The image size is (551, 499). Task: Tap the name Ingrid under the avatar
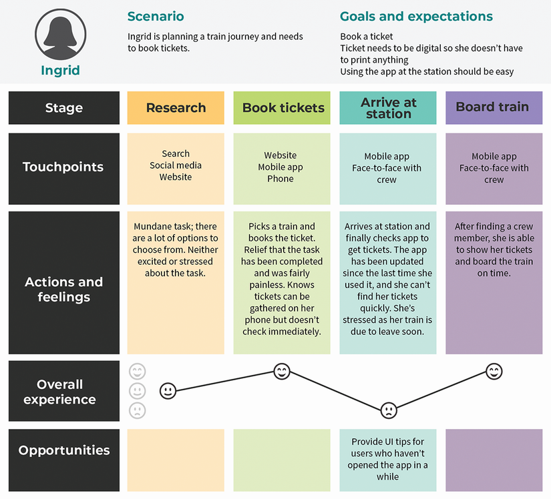[x=60, y=70]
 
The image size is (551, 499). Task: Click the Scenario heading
[x=156, y=17]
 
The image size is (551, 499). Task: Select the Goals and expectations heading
[x=416, y=17]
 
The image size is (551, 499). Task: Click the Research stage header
[x=176, y=108]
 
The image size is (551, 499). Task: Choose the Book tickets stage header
[x=283, y=108]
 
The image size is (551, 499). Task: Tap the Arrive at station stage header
[x=388, y=108]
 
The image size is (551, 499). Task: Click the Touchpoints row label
[x=63, y=167]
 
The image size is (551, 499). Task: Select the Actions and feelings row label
[x=63, y=290]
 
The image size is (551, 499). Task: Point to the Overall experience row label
[x=60, y=392]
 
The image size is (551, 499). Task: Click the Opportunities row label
[x=64, y=450]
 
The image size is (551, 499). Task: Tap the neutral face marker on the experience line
[x=168, y=391]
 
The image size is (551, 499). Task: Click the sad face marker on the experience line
[x=388, y=410]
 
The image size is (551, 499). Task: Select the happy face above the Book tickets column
[x=282, y=372]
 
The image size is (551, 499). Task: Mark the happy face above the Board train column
[x=494, y=371]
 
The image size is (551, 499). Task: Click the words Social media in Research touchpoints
[x=176, y=165]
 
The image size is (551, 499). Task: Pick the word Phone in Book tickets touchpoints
[x=281, y=179]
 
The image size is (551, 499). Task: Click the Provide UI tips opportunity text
[x=387, y=459]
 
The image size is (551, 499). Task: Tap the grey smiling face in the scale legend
[x=137, y=372]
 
